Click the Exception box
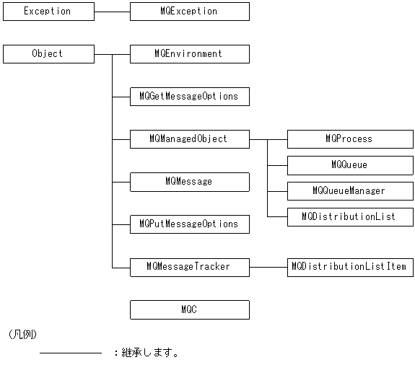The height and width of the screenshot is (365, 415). pos(48,12)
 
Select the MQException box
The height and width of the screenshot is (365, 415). pos(189,12)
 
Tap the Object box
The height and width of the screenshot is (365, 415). pos(48,54)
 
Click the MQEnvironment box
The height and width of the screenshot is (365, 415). pos(189,54)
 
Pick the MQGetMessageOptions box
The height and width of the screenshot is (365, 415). pos(189,97)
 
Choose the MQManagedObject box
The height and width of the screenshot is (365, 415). pos(189,139)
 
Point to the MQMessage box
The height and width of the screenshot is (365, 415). pos(189,182)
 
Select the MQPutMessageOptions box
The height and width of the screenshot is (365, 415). pos(189,224)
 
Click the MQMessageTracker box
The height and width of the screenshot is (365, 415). pos(189,267)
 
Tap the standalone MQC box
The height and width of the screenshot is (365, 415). pos(189,309)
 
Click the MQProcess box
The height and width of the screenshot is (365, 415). pos(350,139)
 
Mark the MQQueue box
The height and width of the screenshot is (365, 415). pos(350,165)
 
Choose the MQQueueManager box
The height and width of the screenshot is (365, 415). pos(350,191)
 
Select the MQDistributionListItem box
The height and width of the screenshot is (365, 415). pos(350,267)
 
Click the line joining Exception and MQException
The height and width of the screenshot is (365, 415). pos(112,12)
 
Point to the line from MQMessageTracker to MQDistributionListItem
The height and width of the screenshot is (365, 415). pos(268,267)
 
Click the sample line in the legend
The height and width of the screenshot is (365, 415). pos(70,353)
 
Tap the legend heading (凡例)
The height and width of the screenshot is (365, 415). pos(23,335)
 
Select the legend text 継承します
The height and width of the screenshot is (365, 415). pos(151,353)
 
